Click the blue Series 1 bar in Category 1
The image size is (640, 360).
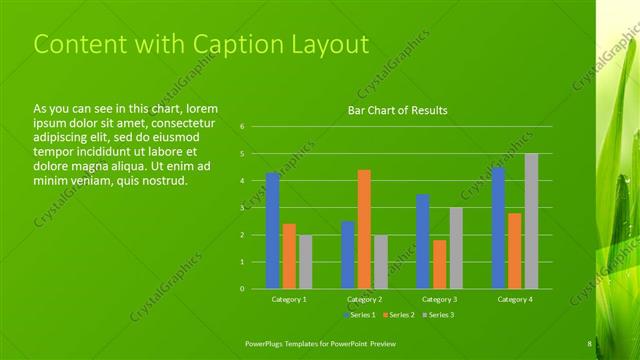click(x=273, y=231)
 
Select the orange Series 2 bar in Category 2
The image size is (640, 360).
click(x=364, y=229)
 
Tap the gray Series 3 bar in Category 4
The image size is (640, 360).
click(x=531, y=221)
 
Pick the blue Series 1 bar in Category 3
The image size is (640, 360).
click(x=423, y=241)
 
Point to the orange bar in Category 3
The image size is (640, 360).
click(x=439, y=264)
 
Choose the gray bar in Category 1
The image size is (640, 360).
click(x=305, y=262)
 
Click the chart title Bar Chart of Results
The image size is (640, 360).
click(x=397, y=110)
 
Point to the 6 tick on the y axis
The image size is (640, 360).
click(x=241, y=127)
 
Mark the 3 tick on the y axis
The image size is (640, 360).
click(x=241, y=208)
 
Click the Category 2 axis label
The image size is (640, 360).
click(x=364, y=299)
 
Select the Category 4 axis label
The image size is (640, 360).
click(x=515, y=299)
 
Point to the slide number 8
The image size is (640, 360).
click(x=589, y=344)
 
